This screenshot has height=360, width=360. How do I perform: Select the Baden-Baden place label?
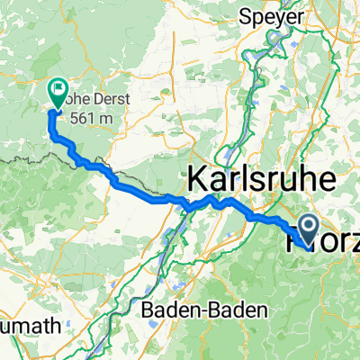[x=206, y=310]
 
